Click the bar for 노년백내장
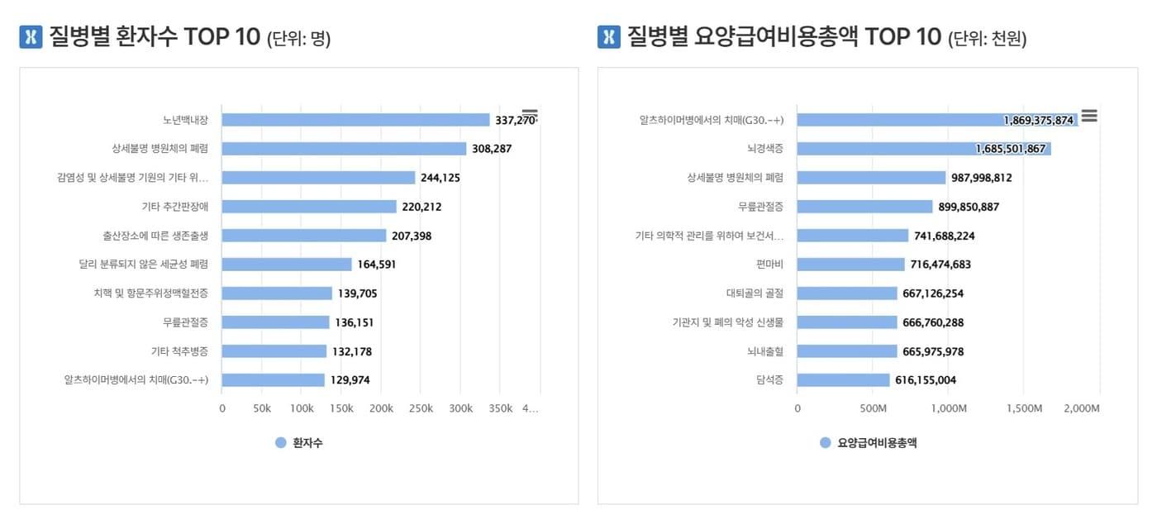tap(355, 120)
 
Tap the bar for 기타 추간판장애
tap(309, 207)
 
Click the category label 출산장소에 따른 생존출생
tap(155, 236)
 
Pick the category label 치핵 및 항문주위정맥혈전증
tap(151, 293)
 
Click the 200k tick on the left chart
tap(381, 408)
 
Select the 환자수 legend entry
tap(299, 443)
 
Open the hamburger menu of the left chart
tap(530, 114)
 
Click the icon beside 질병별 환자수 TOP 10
tap(31, 37)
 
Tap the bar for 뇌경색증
tap(923, 149)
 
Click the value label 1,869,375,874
tap(1038, 120)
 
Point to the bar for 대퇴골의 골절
tap(847, 293)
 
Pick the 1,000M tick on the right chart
tap(949, 408)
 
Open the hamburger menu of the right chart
tap(1089, 116)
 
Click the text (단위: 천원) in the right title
tap(988, 39)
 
